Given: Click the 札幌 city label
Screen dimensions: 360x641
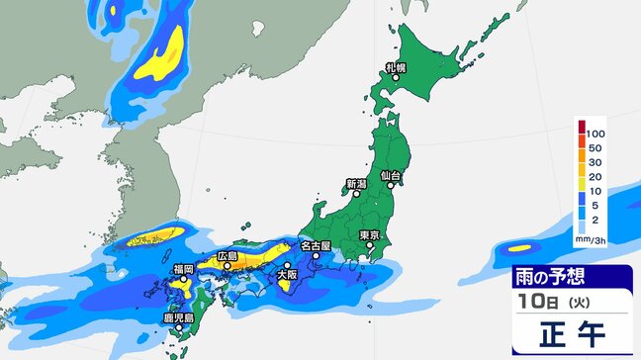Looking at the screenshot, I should (396, 68).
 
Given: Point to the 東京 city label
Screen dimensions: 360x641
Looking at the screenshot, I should (371, 234).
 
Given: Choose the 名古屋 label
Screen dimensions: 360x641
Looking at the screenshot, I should (317, 245).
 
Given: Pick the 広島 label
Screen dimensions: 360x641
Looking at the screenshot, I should (228, 254).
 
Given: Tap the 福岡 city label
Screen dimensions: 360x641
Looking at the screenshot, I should (182, 268).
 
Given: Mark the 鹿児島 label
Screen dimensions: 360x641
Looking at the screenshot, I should (178, 318).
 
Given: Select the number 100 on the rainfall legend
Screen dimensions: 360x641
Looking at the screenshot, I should (595, 132).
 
